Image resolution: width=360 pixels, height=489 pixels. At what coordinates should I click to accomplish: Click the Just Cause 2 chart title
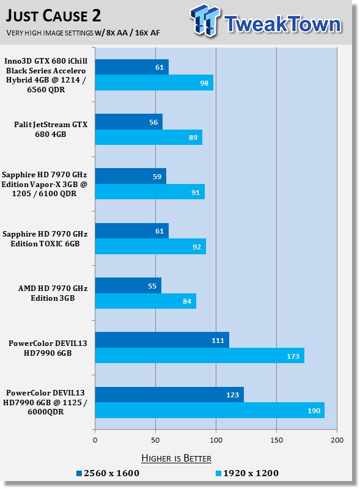pos(53,16)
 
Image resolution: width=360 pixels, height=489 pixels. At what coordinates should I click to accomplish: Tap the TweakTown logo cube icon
pos(205,20)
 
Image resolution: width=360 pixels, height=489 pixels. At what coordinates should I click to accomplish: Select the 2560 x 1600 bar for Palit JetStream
pos(129,122)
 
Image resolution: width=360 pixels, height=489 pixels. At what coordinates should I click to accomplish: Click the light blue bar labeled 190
pos(210,410)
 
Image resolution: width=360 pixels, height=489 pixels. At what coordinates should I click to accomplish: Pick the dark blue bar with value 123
pos(169,394)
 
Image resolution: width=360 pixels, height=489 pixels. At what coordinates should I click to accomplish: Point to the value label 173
pos(293,356)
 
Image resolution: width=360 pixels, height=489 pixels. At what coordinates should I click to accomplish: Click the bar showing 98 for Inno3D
pos(154,83)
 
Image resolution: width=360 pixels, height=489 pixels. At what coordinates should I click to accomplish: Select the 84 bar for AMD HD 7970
pos(145,301)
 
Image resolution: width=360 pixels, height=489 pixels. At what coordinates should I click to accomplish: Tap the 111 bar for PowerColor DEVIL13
pos(162,340)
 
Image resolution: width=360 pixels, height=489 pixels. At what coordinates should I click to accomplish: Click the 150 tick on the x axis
pos(276,440)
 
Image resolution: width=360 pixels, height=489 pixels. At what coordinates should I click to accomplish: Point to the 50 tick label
pos(155,440)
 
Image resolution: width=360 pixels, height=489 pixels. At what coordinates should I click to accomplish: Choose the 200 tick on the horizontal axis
pos(337,440)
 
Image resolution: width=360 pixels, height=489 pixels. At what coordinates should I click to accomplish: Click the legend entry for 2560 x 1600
pos(108,473)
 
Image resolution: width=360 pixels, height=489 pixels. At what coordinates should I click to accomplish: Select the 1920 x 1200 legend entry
pos(247,473)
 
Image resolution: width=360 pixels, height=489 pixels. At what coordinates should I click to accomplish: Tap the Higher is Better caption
pos(176,458)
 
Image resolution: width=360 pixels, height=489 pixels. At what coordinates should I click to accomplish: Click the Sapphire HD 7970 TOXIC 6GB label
pos(45,238)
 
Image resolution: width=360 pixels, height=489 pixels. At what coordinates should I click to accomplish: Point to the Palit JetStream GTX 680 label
pos(51,129)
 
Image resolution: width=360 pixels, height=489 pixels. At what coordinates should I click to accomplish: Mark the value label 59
pos(157,177)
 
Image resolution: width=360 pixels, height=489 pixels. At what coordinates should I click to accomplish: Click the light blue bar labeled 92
pos(150,246)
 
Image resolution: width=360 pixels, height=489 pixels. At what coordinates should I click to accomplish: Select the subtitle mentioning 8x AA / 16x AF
pos(83,33)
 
